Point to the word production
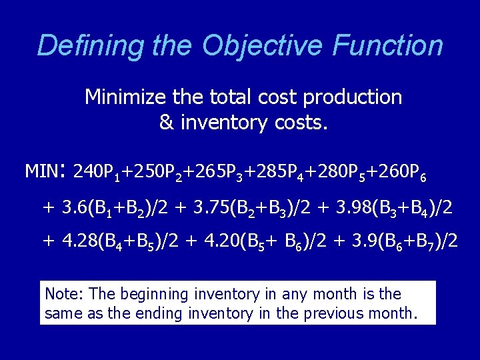[353, 97]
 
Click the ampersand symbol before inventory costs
[166, 123]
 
